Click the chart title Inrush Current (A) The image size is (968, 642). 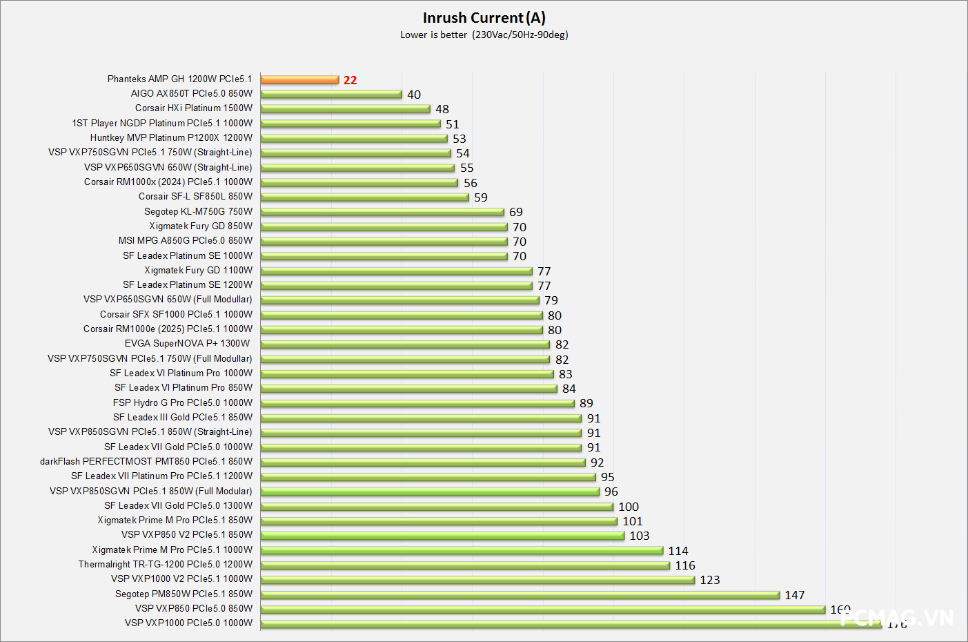[484, 18]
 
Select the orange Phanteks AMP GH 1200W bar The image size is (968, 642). [299, 79]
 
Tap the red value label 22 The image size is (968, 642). [350, 80]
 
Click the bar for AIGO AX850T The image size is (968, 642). [331, 94]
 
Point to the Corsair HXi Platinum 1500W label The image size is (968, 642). [194, 108]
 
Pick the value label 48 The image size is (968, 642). [442, 109]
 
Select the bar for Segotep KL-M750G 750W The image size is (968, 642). [382, 212]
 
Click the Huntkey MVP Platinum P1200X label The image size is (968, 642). [171, 137]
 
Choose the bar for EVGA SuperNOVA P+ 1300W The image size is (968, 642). [405, 344]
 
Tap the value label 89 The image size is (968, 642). [586, 403]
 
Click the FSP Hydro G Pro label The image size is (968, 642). [183, 402]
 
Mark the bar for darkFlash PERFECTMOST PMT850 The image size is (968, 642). [423, 462]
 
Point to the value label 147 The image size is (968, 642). [795, 595]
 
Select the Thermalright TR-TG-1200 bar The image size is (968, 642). [465, 565]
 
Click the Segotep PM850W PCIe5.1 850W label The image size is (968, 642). [184, 594]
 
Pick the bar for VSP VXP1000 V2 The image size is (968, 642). [477, 580]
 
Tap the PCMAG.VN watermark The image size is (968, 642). [897, 617]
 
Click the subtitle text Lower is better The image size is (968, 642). [434, 35]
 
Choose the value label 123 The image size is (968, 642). [710, 580]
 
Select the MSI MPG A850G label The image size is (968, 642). [185, 240]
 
